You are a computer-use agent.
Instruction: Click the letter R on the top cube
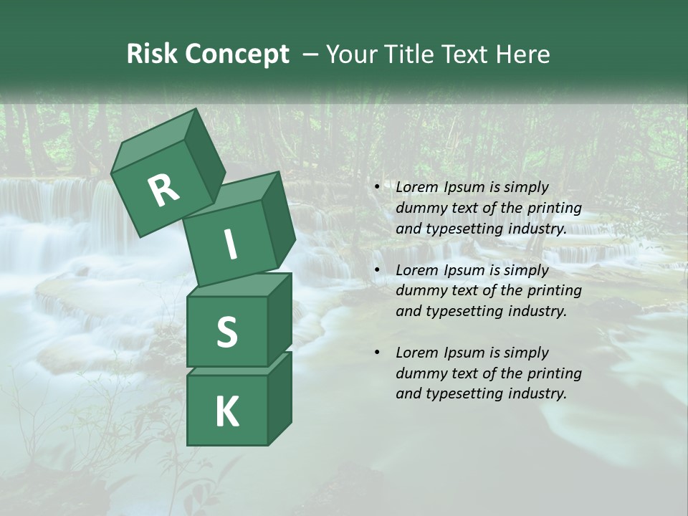[163, 191]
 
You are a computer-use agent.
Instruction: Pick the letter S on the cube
[226, 332]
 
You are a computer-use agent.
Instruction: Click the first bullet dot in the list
[377, 188]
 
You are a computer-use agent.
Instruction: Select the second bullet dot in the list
[377, 271]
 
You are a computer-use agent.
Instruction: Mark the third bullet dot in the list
[377, 353]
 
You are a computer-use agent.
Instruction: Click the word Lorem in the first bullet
[416, 188]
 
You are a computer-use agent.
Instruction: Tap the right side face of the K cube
[279, 398]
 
